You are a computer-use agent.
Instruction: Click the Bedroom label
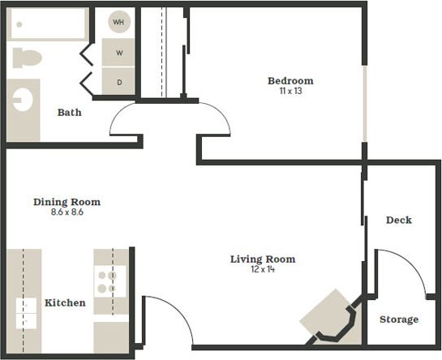(x=290, y=81)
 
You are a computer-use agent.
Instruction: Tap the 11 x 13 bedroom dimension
(x=290, y=92)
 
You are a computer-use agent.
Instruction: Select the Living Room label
(x=263, y=259)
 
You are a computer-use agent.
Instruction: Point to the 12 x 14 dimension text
(x=263, y=269)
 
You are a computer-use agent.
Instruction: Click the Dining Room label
(x=67, y=202)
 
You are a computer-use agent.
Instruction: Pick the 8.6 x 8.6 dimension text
(x=67, y=212)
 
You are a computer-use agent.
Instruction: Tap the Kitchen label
(x=65, y=303)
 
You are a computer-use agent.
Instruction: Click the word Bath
(x=69, y=113)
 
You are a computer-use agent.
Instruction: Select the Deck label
(x=399, y=220)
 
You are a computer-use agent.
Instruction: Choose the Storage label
(x=399, y=319)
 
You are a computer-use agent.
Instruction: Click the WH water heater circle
(x=118, y=22)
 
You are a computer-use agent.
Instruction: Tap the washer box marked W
(x=118, y=54)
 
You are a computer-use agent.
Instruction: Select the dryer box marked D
(x=118, y=82)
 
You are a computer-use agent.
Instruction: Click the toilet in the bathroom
(x=27, y=58)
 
